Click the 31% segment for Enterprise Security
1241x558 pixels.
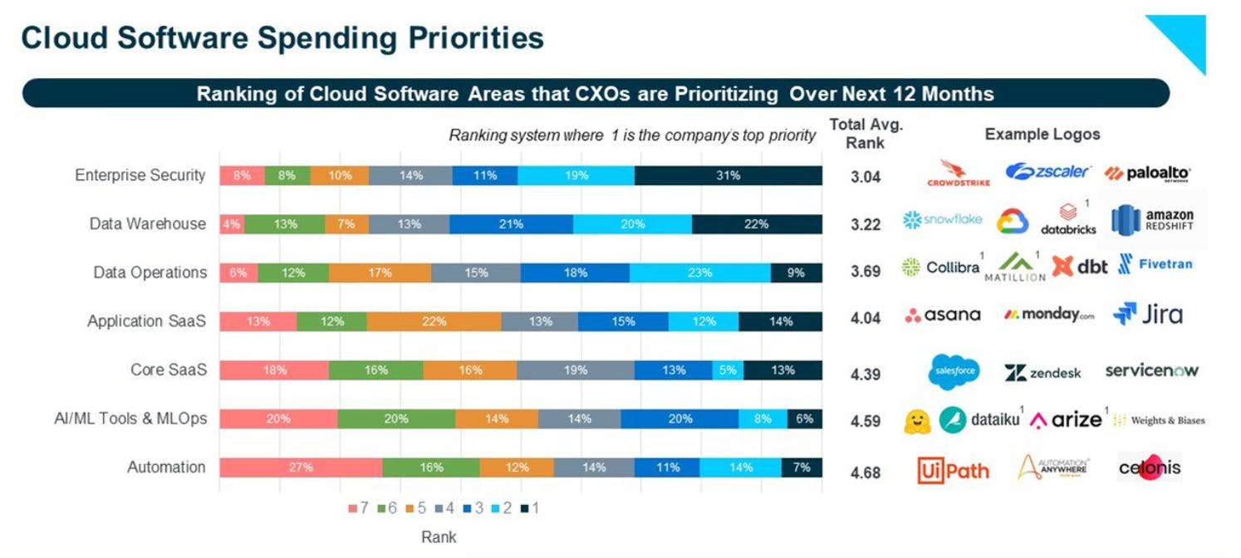click(728, 175)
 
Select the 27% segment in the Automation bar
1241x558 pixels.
click(301, 467)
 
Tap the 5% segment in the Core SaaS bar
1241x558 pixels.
click(728, 370)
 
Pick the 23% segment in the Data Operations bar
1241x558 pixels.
click(699, 273)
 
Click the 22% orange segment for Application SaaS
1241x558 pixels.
click(434, 321)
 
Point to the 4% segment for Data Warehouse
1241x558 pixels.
click(232, 224)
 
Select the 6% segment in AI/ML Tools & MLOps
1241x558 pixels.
click(804, 419)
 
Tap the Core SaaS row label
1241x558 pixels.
click(168, 370)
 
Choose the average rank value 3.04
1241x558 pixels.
click(866, 177)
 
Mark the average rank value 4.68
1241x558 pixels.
click(866, 473)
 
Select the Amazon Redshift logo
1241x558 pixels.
click(1153, 220)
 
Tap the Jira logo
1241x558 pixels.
click(1148, 314)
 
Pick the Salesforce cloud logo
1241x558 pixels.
click(954, 372)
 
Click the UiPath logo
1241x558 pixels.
click(953, 470)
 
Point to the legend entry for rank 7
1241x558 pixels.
click(358, 507)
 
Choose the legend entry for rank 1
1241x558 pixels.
click(529, 507)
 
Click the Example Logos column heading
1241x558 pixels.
click(1042, 135)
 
